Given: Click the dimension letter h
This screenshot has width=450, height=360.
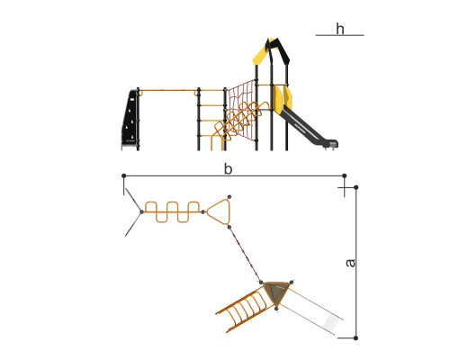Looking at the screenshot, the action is click(340, 29).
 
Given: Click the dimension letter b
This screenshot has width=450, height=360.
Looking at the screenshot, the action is click(228, 169).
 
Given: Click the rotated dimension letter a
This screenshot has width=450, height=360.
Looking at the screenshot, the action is click(350, 263).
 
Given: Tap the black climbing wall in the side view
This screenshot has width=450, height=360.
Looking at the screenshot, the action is click(130, 120).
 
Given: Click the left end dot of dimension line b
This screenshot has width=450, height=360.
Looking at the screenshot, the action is click(124, 175).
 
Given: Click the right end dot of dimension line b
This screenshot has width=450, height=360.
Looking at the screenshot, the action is click(345, 175).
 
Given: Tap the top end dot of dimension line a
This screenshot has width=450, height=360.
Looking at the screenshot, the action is click(356, 187).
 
